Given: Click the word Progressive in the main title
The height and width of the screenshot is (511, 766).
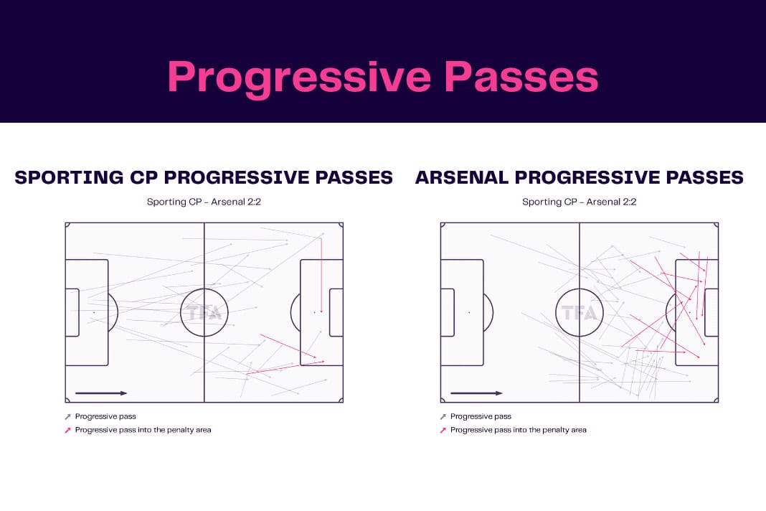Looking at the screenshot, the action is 299,78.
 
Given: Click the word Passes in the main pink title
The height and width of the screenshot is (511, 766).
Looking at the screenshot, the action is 521,76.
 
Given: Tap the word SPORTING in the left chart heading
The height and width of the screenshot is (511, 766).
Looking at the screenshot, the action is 69,177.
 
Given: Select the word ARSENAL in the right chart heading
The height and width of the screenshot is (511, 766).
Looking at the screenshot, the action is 462,177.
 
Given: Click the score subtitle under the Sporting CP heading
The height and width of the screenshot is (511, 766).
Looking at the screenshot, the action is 204,202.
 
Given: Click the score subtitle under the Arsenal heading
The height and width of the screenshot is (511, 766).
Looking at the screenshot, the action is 579,202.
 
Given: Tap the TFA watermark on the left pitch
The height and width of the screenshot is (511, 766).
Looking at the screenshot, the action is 204,312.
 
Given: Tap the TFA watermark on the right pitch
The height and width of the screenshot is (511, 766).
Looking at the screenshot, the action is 580,312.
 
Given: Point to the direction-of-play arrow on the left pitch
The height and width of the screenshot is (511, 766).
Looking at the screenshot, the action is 101,393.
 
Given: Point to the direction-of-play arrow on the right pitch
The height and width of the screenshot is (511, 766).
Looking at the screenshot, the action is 476,393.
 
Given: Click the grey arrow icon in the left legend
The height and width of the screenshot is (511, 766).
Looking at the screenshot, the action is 67,417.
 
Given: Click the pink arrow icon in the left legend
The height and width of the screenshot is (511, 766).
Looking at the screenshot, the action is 67,431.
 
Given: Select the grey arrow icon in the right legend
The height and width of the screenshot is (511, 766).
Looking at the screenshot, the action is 443,417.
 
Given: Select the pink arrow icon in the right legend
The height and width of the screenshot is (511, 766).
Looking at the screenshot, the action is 443,431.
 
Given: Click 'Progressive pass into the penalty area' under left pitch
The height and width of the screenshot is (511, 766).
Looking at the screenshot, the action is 143,430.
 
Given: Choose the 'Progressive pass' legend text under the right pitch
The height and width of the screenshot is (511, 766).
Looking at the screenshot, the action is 481,416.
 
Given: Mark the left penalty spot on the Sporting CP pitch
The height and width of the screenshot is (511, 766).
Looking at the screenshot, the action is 94,312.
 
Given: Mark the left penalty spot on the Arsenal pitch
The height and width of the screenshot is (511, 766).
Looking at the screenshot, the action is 469,312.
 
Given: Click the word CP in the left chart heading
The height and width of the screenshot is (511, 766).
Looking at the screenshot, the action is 143,177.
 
